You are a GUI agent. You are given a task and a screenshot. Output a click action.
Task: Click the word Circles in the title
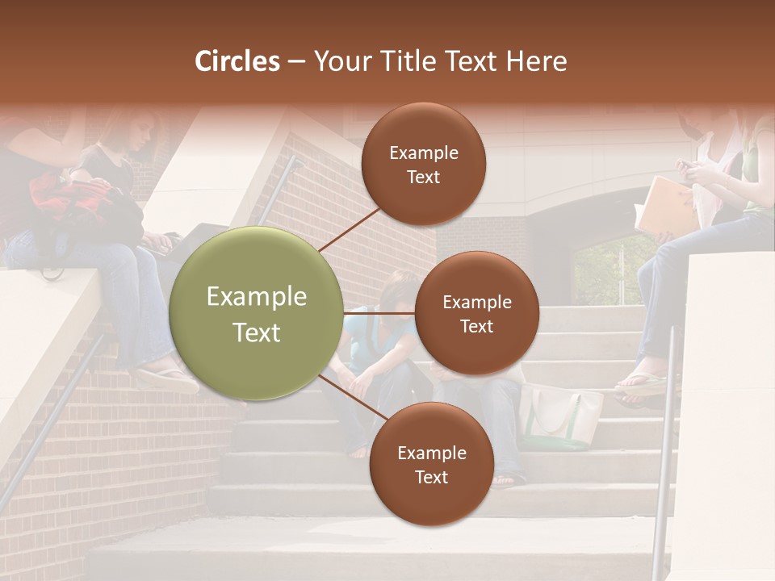pos(237,61)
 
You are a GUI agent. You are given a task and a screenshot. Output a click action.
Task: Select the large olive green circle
pos(256,314)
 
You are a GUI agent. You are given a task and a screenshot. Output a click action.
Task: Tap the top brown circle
pos(423,164)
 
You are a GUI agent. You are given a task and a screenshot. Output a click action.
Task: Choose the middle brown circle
pos(476,313)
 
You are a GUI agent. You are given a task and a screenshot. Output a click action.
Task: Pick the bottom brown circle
pos(431,464)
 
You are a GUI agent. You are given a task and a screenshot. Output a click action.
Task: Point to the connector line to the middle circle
pos(379,313)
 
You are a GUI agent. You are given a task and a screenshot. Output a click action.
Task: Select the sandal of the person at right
pos(642,385)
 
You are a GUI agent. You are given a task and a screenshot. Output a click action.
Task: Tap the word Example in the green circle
pos(256,297)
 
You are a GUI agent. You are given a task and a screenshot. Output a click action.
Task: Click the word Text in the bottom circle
pos(431,477)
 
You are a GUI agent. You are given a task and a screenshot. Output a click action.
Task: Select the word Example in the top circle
pos(423,153)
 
